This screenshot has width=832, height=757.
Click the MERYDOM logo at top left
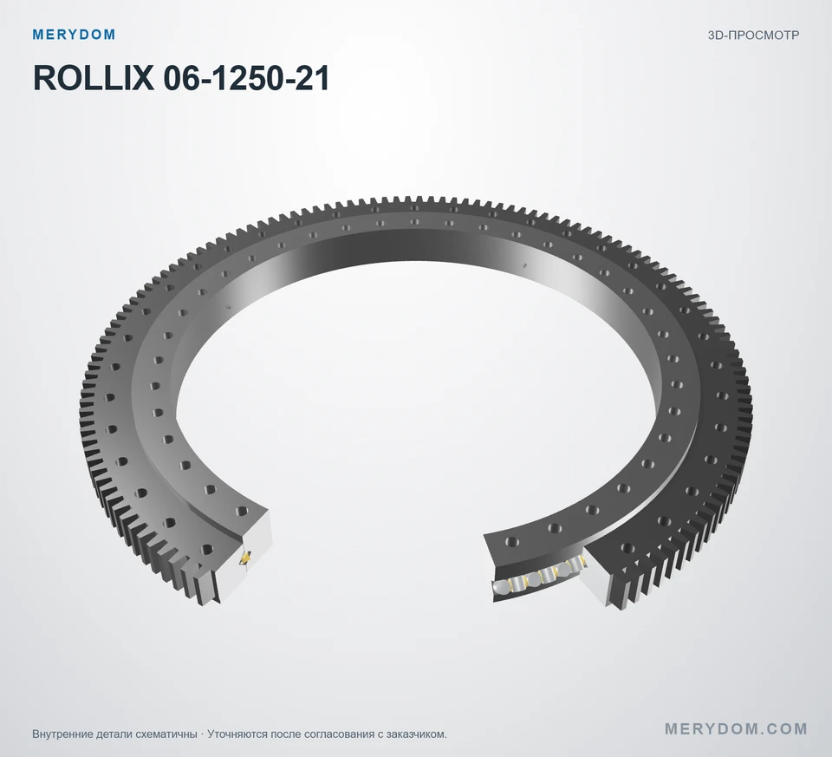pos(74,35)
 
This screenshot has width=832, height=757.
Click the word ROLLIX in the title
pos(94,78)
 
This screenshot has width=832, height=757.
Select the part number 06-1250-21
pos(246,78)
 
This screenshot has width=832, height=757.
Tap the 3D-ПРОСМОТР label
pos(753,36)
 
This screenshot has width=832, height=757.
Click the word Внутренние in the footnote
pos(63,734)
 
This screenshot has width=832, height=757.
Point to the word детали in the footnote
pos(114,734)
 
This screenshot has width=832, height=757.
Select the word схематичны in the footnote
pos(166,734)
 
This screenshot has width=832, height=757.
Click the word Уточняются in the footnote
pos(237,734)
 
